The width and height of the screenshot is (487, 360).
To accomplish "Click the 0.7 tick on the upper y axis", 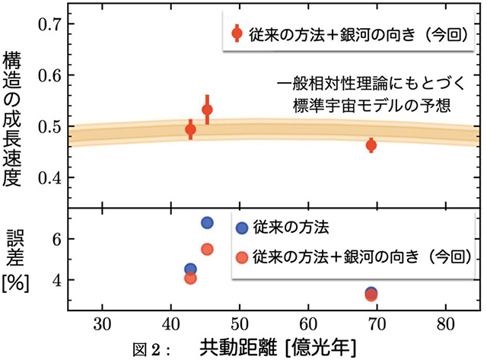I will [51, 24].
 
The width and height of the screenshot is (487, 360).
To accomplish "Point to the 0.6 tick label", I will [51, 75].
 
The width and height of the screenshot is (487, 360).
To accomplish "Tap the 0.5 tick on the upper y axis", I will [51, 127].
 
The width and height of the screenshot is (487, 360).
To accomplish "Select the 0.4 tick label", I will [51, 178].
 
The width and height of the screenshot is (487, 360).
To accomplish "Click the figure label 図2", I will [155, 348].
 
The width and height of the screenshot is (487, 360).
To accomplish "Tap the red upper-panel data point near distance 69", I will [371, 145].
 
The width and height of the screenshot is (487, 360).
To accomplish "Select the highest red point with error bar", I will [207, 110].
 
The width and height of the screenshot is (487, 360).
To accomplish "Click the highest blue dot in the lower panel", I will [207, 223].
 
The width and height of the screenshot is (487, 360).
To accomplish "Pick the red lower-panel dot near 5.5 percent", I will [207, 249].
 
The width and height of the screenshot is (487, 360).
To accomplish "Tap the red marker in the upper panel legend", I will [237, 33].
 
